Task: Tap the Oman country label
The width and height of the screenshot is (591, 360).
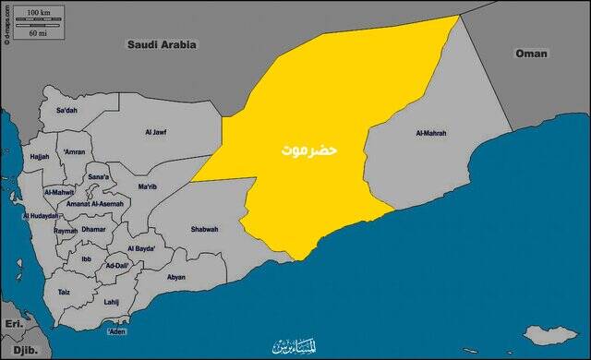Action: tap(533, 54)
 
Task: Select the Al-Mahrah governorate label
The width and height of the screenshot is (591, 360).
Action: tap(431, 134)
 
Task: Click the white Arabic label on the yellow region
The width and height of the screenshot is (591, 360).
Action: tap(309, 149)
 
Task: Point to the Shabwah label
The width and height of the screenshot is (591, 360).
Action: tap(204, 229)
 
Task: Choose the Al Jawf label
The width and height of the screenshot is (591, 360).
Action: tap(156, 133)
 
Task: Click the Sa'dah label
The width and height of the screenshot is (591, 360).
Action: tap(66, 111)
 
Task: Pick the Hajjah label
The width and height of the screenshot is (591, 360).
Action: tap(40, 157)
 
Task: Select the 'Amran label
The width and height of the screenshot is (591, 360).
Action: tap(74, 151)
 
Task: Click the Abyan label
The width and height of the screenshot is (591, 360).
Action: tap(175, 277)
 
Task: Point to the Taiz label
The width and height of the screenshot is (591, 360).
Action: tap(64, 292)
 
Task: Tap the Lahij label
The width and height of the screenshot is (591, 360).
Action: tap(112, 302)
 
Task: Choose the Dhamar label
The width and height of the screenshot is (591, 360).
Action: tap(94, 228)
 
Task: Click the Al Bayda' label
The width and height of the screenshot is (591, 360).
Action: tap(141, 249)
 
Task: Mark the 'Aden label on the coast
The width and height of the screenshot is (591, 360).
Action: tap(116, 330)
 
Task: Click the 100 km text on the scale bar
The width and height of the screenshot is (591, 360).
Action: tap(38, 13)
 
